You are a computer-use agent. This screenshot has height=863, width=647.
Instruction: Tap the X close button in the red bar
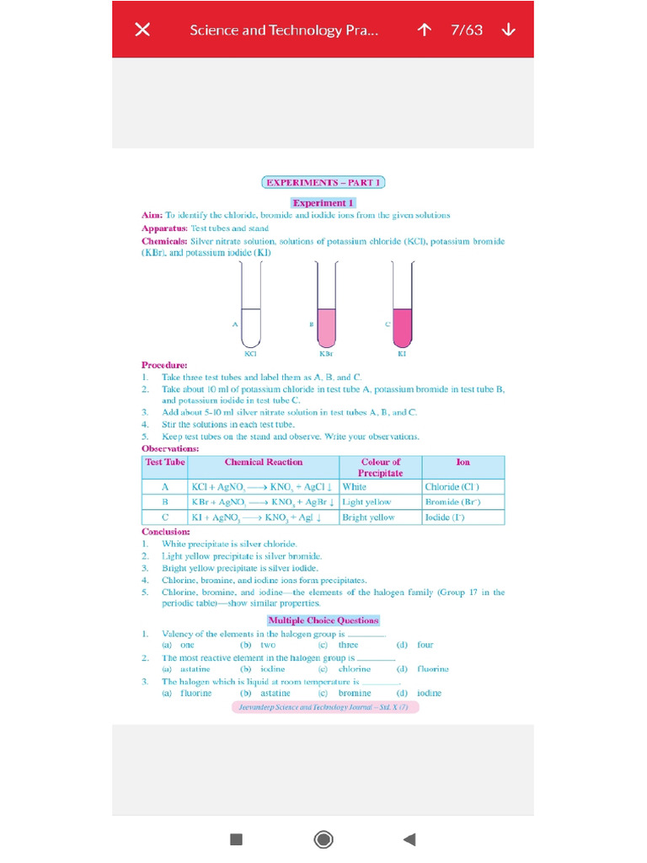coord(143,29)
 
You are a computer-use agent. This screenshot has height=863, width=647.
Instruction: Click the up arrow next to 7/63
coord(425,29)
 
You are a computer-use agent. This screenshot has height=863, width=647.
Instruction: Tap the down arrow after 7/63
coord(508,29)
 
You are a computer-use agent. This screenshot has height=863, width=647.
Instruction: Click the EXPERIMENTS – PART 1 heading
coord(323,182)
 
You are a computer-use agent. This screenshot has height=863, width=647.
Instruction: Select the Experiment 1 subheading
coord(323,203)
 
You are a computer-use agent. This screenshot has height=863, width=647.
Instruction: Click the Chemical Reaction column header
coord(264,463)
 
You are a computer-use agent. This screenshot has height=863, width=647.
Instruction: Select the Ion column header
coord(463,463)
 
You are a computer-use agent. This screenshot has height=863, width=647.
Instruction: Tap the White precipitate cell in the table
coord(355,487)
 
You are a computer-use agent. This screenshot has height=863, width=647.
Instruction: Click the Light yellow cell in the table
coord(366,502)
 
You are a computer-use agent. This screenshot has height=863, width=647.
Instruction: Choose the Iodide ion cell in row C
coord(445,517)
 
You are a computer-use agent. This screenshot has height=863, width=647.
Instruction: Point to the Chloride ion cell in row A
coord(453,487)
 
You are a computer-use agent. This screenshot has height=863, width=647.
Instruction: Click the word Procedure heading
coord(164,365)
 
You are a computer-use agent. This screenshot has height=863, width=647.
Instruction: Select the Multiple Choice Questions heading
coord(323,620)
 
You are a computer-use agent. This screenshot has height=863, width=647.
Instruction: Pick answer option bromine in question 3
coord(355,694)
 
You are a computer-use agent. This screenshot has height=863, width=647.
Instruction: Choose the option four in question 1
coord(425,645)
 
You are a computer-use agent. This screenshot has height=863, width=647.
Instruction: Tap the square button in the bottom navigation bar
coord(237,839)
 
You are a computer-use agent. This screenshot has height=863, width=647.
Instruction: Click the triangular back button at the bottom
coord(409,839)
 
